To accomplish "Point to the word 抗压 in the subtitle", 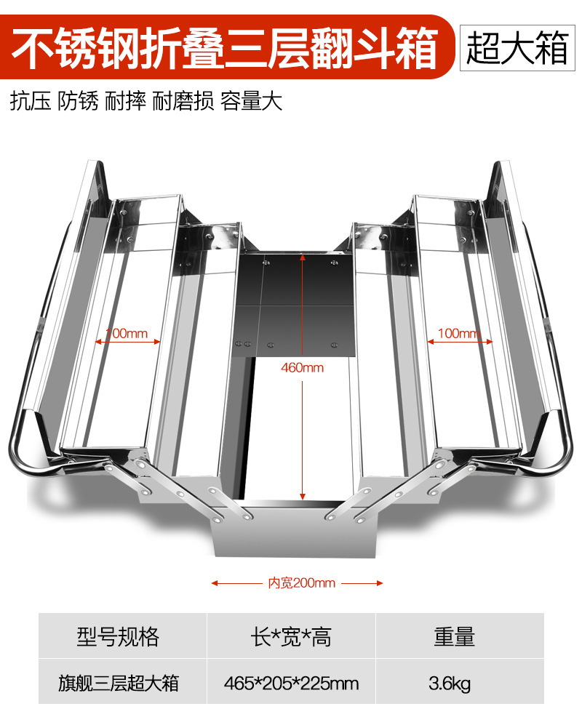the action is click(31, 101).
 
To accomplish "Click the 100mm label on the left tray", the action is click(127, 334).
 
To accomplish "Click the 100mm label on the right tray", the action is click(459, 334).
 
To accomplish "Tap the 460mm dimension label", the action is click(302, 368).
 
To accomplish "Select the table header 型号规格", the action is click(118, 637).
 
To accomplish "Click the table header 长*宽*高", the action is click(291, 637).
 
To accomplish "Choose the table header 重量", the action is click(454, 637).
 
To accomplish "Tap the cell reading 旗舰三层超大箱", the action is click(118, 684).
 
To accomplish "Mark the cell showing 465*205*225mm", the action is click(291, 684).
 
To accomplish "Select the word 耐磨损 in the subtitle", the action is click(183, 101).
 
